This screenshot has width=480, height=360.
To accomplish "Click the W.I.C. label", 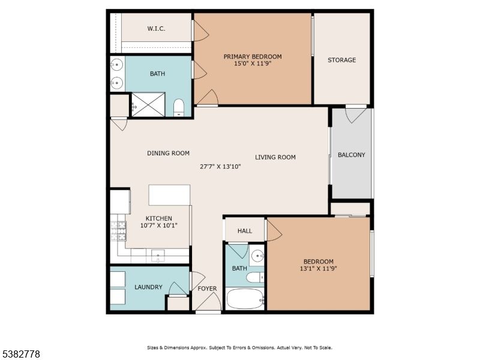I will click(x=156, y=29).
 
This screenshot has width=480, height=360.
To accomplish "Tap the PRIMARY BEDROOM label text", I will click(x=253, y=57).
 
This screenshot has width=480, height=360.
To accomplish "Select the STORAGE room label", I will click(x=341, y=60).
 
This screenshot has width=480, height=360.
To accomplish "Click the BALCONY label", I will click(x=351, y=155).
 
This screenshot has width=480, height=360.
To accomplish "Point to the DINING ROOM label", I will click(x=168, y=153).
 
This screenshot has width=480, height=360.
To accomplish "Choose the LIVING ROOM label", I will click(x=275, y=157).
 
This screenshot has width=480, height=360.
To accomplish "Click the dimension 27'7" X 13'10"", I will click(x=220, y=167).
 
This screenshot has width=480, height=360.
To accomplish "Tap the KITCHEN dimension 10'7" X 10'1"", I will click(x=159, y=226).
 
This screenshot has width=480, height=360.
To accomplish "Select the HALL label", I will click(x=244, y=230).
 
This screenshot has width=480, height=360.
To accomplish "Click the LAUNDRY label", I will click(x=148, y=287).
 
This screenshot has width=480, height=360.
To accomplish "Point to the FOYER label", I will click(x=207, y=289).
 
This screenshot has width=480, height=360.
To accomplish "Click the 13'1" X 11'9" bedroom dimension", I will click(x=318, y=269).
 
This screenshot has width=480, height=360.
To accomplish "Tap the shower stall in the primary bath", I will click(x=148, y=104).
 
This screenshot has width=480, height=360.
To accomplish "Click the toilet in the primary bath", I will click(x=178, y=108).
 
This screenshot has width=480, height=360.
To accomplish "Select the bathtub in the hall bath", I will click(x=245, y=298).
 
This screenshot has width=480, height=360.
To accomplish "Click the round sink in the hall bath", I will click(x=257, y=255).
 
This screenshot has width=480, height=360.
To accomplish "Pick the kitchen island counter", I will click(x=169, y=195).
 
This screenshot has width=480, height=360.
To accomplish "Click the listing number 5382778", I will click(x=21, y=355).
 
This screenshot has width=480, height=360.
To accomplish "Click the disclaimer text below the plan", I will click(x=239, y=347).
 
